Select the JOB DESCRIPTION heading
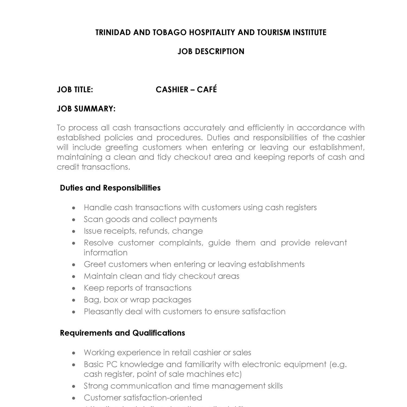click(211, 52)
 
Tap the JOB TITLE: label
click(75, 90)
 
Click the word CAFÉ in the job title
click(207, 90)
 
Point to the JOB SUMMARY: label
click(86, 109)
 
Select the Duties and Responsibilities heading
click(110, 188)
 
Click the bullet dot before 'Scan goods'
click(74, 220)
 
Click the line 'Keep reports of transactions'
click(138, 288)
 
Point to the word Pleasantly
click(103, 311)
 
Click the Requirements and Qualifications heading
click(122, 333)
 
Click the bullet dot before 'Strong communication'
click(74, 386)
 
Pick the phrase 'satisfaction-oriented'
click(163, 398)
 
